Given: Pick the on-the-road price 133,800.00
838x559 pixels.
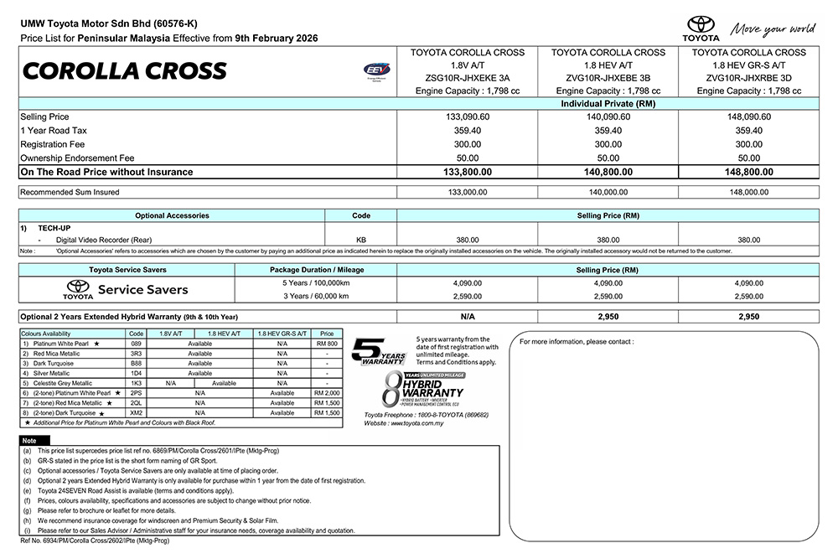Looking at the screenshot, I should pos(466,172).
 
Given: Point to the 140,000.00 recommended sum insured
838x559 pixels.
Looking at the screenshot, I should pos(607,192).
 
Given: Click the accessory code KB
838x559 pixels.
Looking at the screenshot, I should pos(360,239).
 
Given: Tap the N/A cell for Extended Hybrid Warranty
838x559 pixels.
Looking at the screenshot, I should pos(466,318).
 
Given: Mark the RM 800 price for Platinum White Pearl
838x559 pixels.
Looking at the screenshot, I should pos(327,344).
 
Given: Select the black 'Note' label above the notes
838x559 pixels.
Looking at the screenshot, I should pos(29,440).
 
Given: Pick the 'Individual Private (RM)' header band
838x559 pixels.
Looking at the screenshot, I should pos(607,103).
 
